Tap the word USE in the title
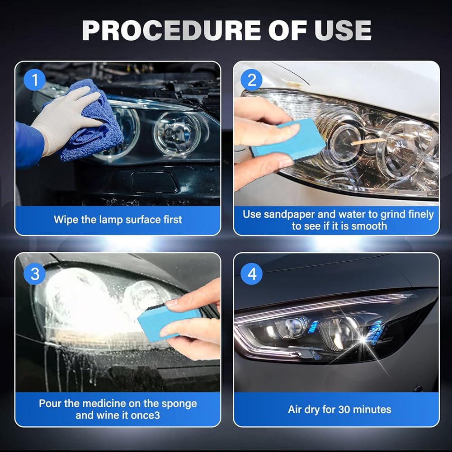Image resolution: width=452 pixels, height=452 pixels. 343,30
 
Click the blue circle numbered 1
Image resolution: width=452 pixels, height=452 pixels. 35,80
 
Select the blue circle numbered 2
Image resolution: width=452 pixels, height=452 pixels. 252,80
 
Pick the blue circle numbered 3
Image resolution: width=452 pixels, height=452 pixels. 35,274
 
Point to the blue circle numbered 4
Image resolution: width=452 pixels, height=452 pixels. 252,274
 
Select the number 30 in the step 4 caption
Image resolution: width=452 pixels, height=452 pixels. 344,410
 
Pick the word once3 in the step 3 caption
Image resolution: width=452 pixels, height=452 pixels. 145,415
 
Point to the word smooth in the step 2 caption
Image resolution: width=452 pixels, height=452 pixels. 369,226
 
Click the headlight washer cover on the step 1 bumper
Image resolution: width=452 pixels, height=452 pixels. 154,182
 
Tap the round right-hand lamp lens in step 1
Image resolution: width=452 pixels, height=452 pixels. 176,134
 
